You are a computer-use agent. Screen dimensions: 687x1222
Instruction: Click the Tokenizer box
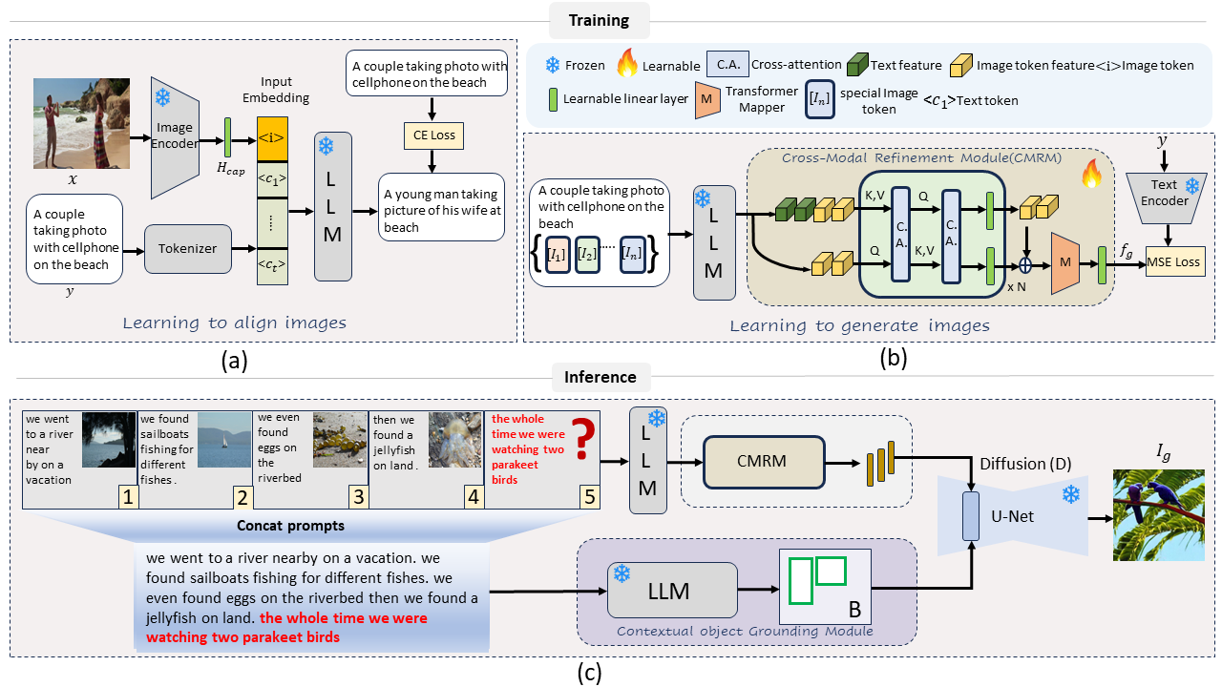[188, 248]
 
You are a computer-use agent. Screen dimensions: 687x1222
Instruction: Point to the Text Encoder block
[1165, 196]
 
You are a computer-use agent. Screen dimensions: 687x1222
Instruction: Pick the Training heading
[599, 20]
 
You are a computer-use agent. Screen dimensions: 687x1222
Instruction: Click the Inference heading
[601, 377]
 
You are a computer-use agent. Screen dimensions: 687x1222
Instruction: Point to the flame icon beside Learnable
[626, 65]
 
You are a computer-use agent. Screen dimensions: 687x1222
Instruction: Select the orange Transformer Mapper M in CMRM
[1064, 261]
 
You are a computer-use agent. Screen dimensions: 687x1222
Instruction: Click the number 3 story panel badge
[357, 496]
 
